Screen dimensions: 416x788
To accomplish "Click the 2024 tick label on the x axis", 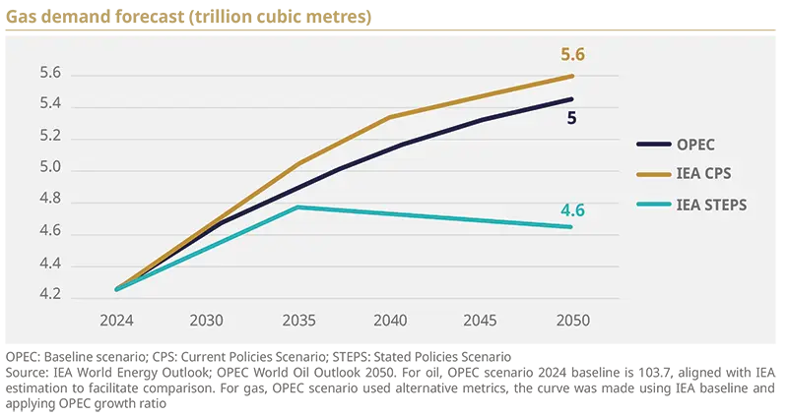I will tap(116, 321).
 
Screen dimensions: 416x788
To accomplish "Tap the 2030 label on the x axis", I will tap(208, 321).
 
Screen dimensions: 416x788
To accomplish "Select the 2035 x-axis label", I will tap(299, 321).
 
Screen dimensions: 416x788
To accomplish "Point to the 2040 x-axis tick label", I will tap(390, 321).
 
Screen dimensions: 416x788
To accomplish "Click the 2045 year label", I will tap(482, 321).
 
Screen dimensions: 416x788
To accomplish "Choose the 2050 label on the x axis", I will tap(572, 321).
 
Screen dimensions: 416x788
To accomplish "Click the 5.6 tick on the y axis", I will tap(50, 74).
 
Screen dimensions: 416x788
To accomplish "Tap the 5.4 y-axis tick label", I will tap(50, 105).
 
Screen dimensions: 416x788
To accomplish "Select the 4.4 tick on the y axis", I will tap(50, 265).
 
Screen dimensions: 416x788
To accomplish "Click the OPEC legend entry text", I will tap(697, 144).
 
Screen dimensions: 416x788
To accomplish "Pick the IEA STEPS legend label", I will tap(711, 205).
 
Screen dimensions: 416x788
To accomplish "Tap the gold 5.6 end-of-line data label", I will tap(573, 55).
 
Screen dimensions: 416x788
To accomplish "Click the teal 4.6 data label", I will tap(573, 209).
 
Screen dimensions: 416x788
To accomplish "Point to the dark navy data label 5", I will tap(571, 118).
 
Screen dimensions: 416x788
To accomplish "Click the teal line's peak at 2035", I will tap(299, 207).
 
